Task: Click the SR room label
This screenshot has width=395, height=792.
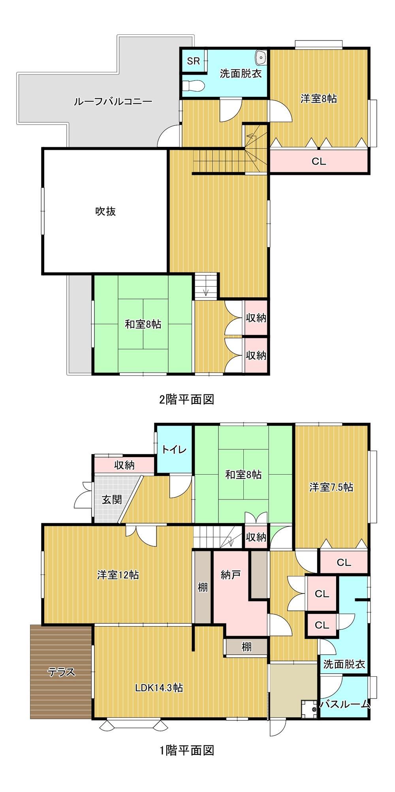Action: pyautogui.click(x=194, y=61)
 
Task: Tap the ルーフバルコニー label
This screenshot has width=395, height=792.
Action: pyautogui.click(x=113, y=102)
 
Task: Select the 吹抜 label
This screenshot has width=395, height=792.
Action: pyautogui.click(x=105, y=211)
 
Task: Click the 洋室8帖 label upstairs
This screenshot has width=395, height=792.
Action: pyautogui.click(x=319, y=99)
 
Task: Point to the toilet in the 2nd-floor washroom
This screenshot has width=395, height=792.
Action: pyautogui.click(x=194, y=85)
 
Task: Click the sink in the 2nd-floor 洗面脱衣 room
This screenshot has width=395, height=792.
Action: pyautogui.click(x=261, y=58)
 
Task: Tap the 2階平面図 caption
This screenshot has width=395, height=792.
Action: pyautogui.click(x=186, y=400)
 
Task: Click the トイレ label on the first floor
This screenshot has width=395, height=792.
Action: pyautogui.click(x=174, y=450)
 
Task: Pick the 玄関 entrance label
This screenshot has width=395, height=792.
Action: pyautogui.click(x=112, y=499)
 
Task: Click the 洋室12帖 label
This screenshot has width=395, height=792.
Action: pyautogui.click(x=118, y=574)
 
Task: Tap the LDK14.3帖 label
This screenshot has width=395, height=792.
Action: pyautogui.click(x=159, y=687)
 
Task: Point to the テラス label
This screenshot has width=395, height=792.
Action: pyautogui.click(x=61, y=672)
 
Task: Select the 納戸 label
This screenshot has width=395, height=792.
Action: pyautogui.click(x=231, y=575)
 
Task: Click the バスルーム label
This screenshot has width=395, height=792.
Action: pyautogui.click(x=345, y=704)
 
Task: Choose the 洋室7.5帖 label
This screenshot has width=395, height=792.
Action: pyautogui.click(x=331, y=487)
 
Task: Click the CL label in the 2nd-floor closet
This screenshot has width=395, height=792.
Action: pyautogui.click(x=319, y=161)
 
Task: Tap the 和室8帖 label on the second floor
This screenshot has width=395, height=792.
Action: pyautogui.click(x=143, y=325)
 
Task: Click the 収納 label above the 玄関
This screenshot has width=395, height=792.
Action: pyautogui.click(x=124, y=465)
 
